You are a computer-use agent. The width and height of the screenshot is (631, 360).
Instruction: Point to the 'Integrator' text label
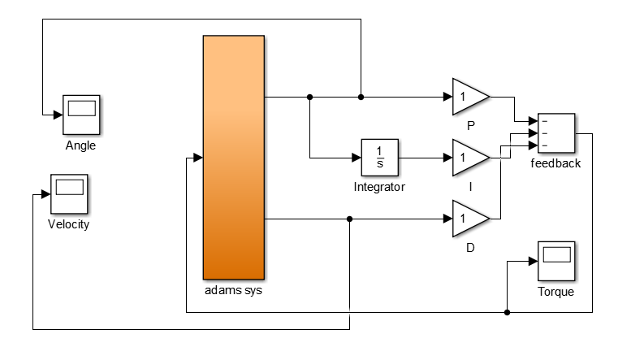(x=379, y=188)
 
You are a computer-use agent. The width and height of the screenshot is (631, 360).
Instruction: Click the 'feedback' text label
(x=555, y=163)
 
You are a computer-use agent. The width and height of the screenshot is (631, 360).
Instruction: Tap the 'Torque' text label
(x=555, y=293)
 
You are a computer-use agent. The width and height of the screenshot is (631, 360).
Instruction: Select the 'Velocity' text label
(x=69, y=225)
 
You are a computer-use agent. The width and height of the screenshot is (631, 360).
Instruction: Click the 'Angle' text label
(x=81, y=146)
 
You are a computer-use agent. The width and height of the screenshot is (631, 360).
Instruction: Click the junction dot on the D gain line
(x=349, y=219)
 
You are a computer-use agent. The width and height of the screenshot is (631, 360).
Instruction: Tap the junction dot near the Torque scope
(x=507, y=312)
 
